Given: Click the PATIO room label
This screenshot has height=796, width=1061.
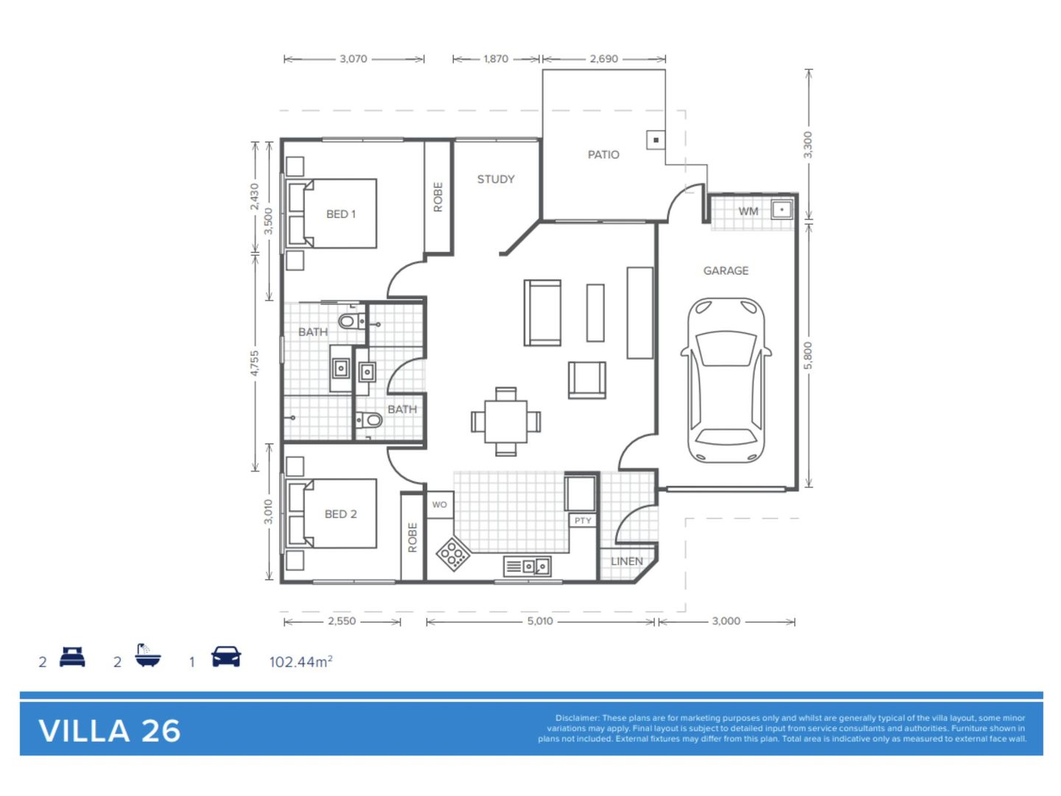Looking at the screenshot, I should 603,155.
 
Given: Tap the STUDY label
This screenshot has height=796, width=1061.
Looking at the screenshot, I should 496,179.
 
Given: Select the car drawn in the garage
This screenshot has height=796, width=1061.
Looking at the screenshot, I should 726,380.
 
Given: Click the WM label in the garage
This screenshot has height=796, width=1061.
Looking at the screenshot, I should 749,212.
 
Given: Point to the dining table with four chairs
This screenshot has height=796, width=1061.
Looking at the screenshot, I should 506,422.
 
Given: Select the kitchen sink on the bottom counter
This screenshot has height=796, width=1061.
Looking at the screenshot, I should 528,566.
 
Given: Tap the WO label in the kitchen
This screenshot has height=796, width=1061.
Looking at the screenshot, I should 440,505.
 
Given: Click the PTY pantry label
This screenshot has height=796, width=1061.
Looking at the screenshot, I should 583,520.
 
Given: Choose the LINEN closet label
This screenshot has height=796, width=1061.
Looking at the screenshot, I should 627,562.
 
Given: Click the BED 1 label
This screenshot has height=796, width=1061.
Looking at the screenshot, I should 341,214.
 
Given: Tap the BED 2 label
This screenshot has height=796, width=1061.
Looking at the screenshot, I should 341,514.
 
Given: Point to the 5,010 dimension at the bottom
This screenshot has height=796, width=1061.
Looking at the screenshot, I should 540,621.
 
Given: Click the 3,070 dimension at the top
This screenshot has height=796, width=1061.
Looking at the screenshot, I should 354,59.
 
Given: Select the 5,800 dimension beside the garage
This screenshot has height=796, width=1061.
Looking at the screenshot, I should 808,355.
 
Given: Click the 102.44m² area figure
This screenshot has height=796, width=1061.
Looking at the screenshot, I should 301,662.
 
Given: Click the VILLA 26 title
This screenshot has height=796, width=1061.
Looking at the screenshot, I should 110,730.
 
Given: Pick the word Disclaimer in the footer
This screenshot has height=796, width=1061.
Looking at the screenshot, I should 577,718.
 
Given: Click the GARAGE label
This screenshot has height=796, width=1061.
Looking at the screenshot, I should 726,271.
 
